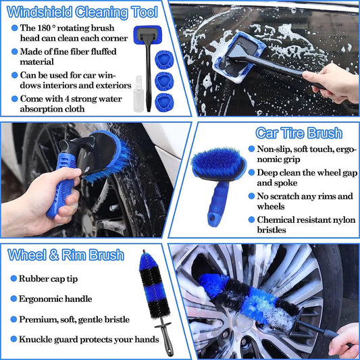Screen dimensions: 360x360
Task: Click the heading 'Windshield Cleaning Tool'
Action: point(82,12)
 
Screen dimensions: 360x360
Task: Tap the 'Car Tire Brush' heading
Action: point(298,132)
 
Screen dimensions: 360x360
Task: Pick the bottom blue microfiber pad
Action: point(164,103)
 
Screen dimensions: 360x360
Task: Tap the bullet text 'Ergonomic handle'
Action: point(55,299)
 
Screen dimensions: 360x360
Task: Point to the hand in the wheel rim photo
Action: point(344,339)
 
